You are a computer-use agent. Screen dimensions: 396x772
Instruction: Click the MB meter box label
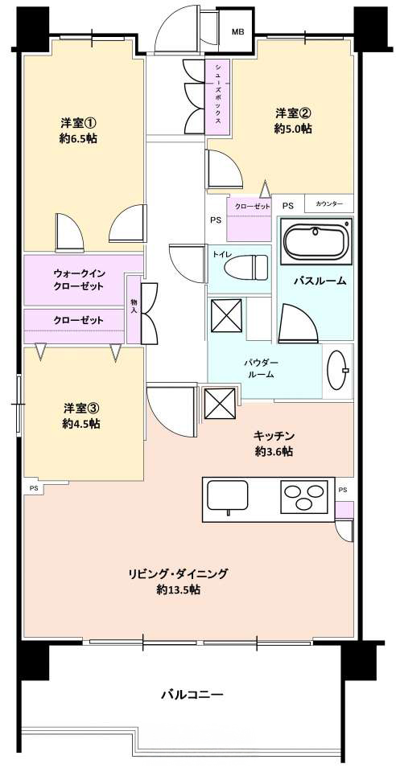(x=238, y=32)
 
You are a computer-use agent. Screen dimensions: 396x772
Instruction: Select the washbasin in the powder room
(x=338, y=369)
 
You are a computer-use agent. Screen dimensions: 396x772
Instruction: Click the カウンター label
(x=328, y=203)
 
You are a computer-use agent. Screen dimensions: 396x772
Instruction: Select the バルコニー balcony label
(x=193, y=695)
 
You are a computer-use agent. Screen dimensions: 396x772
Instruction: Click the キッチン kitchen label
(x=274, y=436)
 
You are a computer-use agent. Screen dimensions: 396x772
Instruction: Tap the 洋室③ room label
(x=81, y=408)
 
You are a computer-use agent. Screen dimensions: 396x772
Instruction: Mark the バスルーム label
(x=320, y=281)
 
